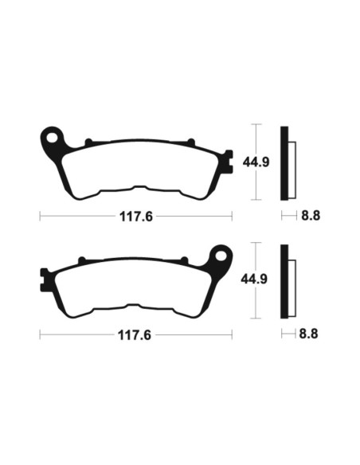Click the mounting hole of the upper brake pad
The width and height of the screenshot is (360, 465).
point(53,137)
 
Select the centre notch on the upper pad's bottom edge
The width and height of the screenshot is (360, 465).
point(136,190)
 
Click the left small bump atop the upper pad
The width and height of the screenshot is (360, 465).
point(88,143)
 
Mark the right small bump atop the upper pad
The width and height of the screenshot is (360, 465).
point(190,143)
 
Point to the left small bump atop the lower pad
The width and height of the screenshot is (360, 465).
point(81,260)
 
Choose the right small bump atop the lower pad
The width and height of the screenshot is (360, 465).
point(183,260)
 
